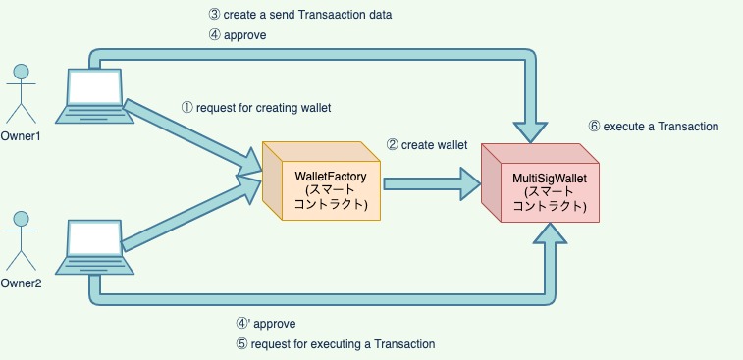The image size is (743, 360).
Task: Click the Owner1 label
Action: (21, 135)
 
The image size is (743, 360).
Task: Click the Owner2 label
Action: (21, 283)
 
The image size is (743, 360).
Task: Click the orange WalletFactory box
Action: (322, 183)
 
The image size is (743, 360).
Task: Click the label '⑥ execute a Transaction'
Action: (654, 127)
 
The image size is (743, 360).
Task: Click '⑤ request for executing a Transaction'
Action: (335, 343)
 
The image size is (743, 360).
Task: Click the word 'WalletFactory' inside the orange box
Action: (331, 176)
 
